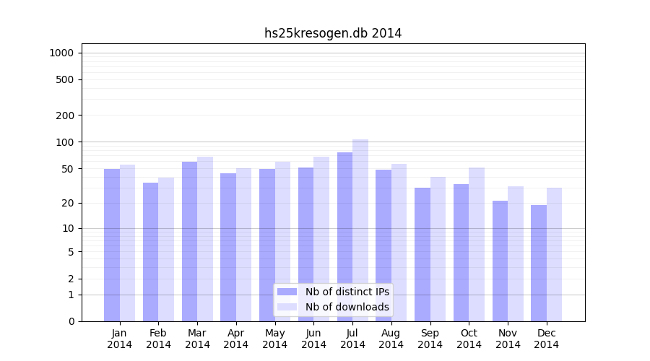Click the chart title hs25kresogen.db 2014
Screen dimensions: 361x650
pos(333,33)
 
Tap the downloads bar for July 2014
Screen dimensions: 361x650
pos(360,230)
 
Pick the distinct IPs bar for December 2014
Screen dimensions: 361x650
pos(539,263)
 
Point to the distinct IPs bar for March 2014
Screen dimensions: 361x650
pos(189,241)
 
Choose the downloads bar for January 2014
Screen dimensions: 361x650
pos(127,243)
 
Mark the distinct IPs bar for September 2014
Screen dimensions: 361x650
pos(422,254)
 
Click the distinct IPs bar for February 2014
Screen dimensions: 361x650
pos(150,252)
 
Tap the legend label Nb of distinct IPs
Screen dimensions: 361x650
pos(347,292)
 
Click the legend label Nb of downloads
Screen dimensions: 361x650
pos(347,307)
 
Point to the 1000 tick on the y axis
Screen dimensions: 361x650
pos(61,53)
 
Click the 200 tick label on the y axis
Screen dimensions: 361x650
pos(65,116)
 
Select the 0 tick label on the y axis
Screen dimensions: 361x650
pos(71,321)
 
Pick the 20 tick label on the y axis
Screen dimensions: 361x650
pos(68,203)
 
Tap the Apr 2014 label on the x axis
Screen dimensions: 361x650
pos(236,339)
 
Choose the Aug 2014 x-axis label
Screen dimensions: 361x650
pos(391,339)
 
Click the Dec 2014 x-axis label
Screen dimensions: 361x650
pos(547,339)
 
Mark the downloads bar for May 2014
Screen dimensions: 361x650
pos(282,241)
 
